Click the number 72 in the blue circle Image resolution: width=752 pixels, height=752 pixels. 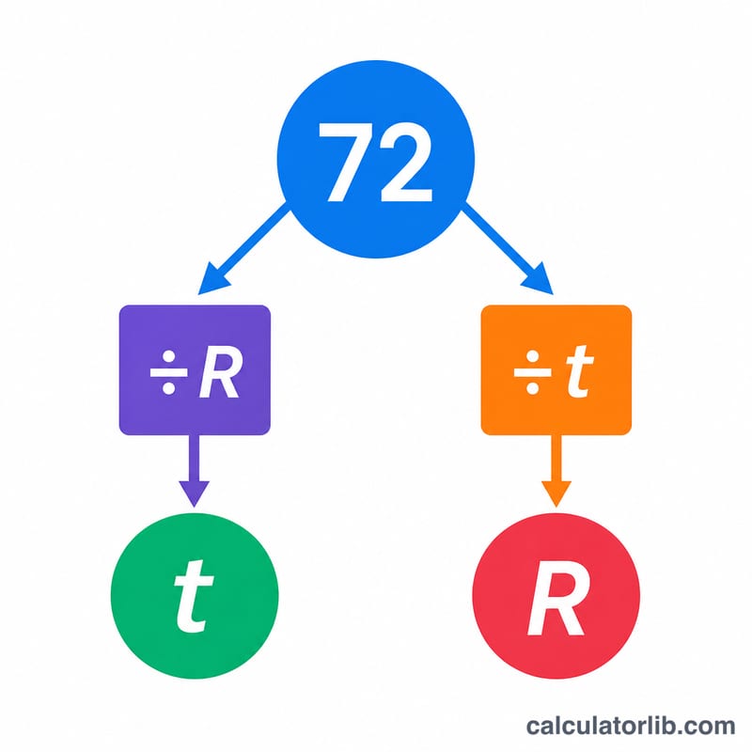point(375,162)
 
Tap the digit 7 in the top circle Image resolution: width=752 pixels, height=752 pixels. point(346,162)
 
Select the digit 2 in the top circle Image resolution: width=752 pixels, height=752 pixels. point(406,162)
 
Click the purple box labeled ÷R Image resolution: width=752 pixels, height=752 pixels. point(195,369)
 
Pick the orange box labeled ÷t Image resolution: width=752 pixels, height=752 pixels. point(556,369)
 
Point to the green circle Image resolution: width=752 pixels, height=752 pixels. point(195,596)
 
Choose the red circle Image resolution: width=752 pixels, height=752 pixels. point(556,596)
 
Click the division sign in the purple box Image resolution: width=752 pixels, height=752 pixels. point(168,372)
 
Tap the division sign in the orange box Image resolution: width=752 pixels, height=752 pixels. point(532,372)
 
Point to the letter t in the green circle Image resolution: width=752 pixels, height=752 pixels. point(194,596)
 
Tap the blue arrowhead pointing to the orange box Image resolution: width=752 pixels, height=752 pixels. point(539,279)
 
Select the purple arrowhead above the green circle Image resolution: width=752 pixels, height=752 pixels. point(195,493)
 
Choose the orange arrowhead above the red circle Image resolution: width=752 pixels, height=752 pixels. point(556,493)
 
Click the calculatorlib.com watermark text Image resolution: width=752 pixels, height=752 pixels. point(630,726)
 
